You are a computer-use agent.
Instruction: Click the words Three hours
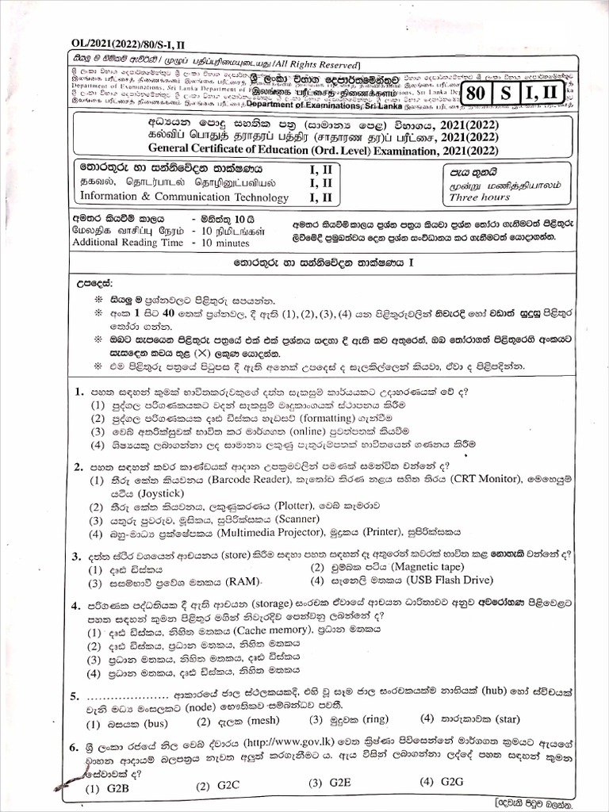pos(480,197)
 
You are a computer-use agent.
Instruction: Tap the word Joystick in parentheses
pos(137,492)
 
